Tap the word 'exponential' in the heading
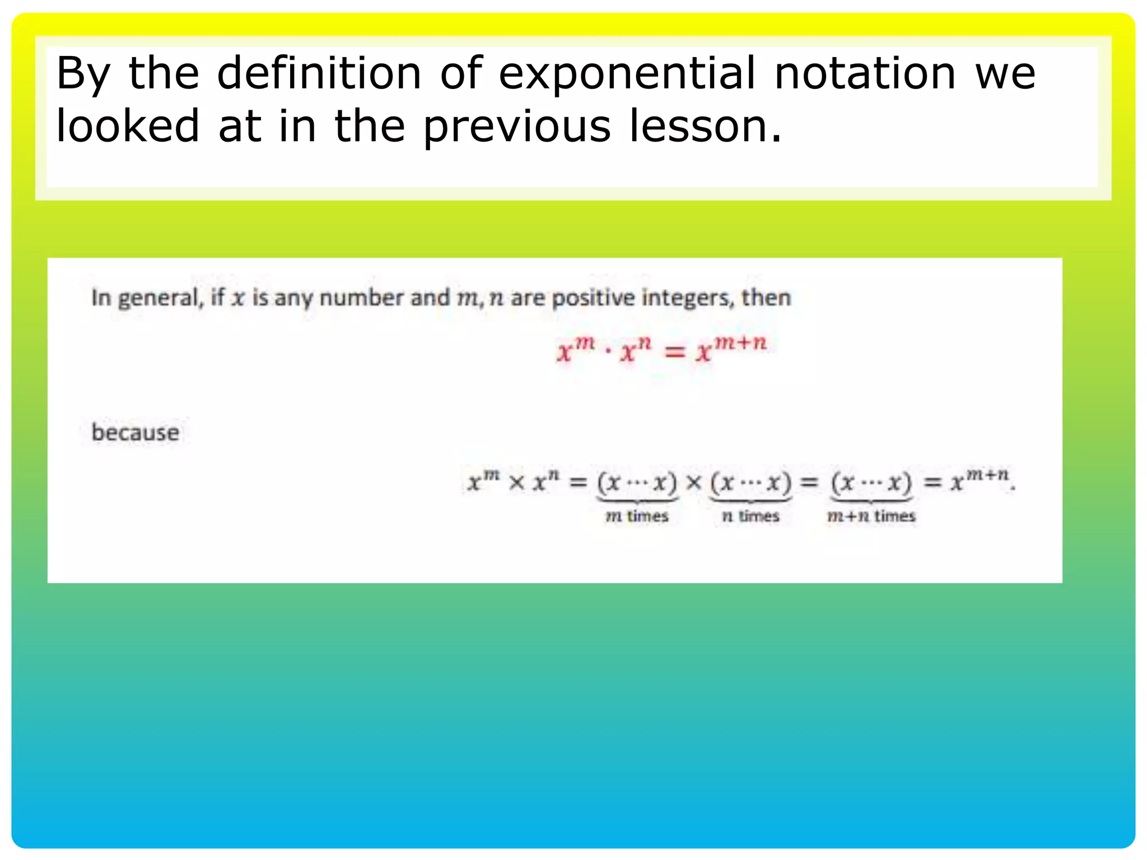(627, 74)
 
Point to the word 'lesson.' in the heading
(706, 125)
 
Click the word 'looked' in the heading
(128, 125)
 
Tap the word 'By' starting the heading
(83, 74)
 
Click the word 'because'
(136, 433)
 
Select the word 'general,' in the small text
(160, 298)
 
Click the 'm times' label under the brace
(637, 516)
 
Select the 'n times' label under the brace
(750, 516)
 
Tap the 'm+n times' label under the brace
(871, 516)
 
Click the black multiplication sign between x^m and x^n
(516, 482)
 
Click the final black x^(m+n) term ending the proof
(980, 480)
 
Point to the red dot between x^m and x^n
(608, 353)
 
